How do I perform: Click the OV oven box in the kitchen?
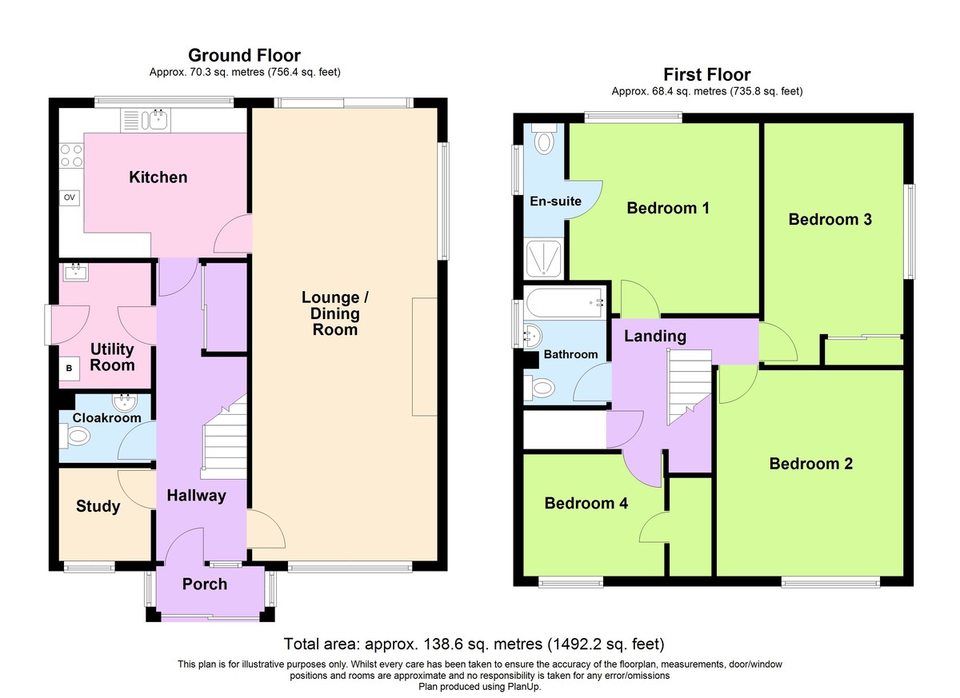(x=69, y=197)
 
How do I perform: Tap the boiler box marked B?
(x=69, y=369)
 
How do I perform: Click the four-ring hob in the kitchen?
(x=71, y=155)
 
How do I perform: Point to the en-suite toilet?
(x=544, y=139)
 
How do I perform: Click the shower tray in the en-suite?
(x=543, y=258)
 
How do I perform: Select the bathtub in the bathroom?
(x=565, y=303)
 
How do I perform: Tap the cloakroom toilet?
(x=75, y=437)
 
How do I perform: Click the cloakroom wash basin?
(x=125, y=402)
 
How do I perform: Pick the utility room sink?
(x=76, y=272)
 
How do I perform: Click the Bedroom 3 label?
(x=830, y=219)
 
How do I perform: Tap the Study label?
(x=98, y=506)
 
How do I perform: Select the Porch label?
(x=205, y=584)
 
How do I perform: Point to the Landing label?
(x=655, y=336)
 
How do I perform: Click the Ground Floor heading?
(x=244, y=56)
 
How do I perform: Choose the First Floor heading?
(x=707, y=75)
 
